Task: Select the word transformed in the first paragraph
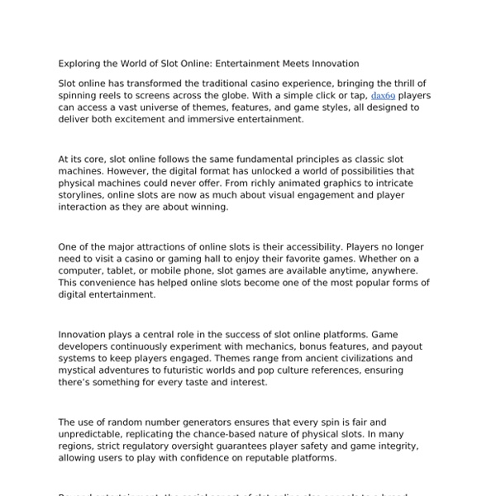155,84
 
